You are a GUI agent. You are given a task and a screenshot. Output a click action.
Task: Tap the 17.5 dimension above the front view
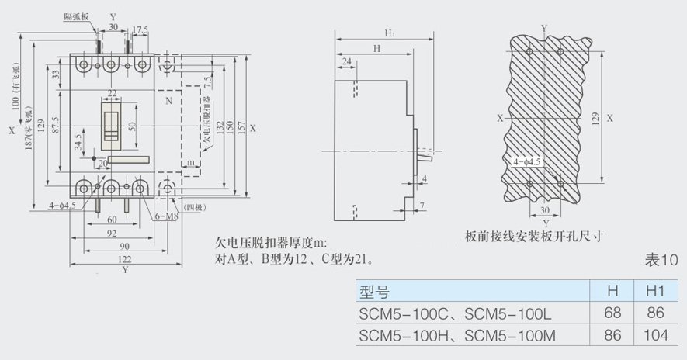pyautogui.click(x=141, y=30)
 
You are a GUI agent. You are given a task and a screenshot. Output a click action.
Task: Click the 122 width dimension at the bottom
pyautogui.click(x=124, y=259)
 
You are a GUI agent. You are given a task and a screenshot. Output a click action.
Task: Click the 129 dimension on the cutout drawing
pyautogui.click(x=595, y=119)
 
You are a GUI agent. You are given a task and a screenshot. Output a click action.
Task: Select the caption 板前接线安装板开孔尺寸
pyautogui.click(x=533, y=236)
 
